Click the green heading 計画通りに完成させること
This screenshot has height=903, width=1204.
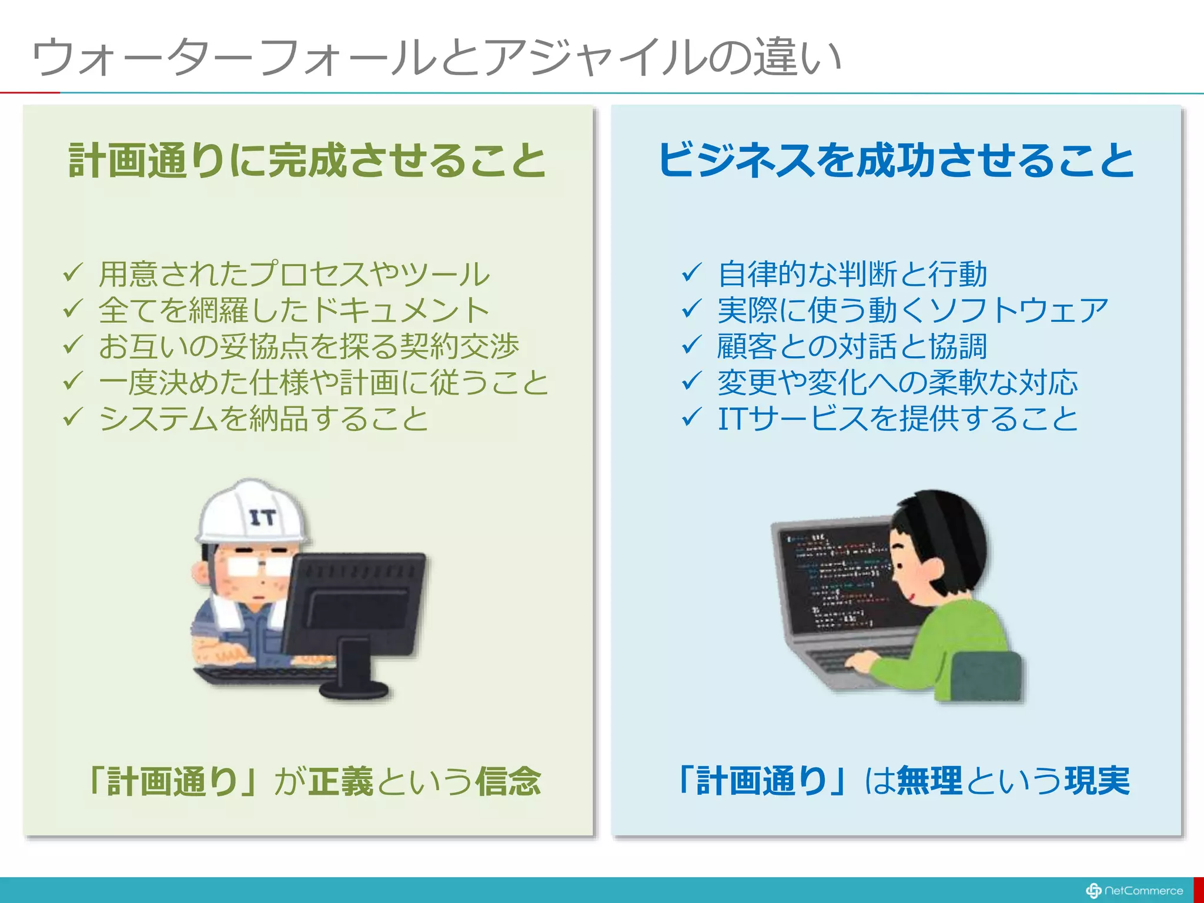click(307, 160)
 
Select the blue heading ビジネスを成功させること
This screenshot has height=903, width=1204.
click(895, 160)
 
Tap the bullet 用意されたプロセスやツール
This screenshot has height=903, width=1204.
click(294, 275)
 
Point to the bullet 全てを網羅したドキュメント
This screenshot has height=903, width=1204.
click(294, 310)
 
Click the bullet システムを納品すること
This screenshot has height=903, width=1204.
click(263, 419)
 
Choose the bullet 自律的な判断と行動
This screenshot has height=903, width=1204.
click(852, 275)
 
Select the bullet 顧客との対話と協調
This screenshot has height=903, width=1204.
click(852, 346)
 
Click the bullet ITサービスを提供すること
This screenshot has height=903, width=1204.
click(898, 419)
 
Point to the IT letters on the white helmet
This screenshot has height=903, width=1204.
click(262, 518)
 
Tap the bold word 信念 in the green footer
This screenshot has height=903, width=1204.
click(508, 782)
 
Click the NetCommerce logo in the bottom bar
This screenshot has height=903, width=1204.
click(1135, 891)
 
